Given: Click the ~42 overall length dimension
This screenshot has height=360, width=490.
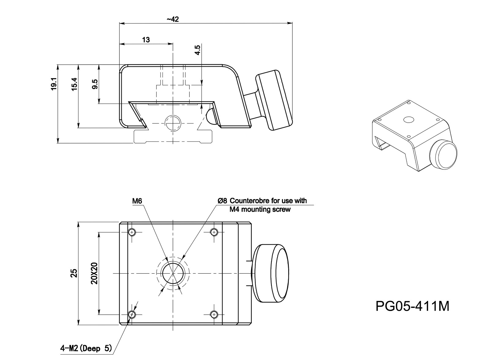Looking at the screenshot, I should (x=172, y=19).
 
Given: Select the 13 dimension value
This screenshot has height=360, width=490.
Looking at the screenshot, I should (x=146, y=40).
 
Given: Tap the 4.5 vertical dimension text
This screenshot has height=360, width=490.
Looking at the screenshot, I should (x=198, y=50).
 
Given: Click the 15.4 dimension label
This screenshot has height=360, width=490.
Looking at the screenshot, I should (x=75, y=84).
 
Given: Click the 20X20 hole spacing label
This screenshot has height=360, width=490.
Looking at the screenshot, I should (x=95, y=273).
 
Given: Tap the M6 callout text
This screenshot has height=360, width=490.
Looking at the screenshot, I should (x=137, y=201).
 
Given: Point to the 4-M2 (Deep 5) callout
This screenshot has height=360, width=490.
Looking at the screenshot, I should (x=86, y=348).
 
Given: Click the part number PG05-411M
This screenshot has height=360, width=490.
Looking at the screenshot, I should (x=412, y=306).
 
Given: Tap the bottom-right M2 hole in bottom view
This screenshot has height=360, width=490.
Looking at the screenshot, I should (x=214, y=314).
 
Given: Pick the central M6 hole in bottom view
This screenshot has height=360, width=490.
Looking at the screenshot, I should (x=173, y=273).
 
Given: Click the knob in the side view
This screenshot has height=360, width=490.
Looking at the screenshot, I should (x=274, y=99).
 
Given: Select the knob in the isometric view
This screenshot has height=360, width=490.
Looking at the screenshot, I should (x=443, y=155).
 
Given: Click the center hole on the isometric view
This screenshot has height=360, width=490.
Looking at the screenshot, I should (x=408, y=119).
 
